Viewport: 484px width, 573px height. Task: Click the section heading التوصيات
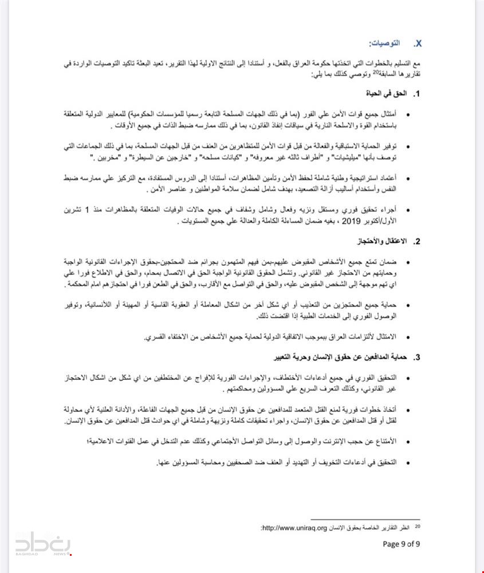(385, 44)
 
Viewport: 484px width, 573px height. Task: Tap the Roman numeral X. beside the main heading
(418, 44)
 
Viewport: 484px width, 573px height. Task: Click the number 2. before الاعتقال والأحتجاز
(418, 241)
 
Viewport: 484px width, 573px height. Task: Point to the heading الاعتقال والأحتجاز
(380, 241)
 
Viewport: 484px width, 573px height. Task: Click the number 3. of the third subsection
(418, 358)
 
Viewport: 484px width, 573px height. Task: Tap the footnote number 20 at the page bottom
(418, 525)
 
